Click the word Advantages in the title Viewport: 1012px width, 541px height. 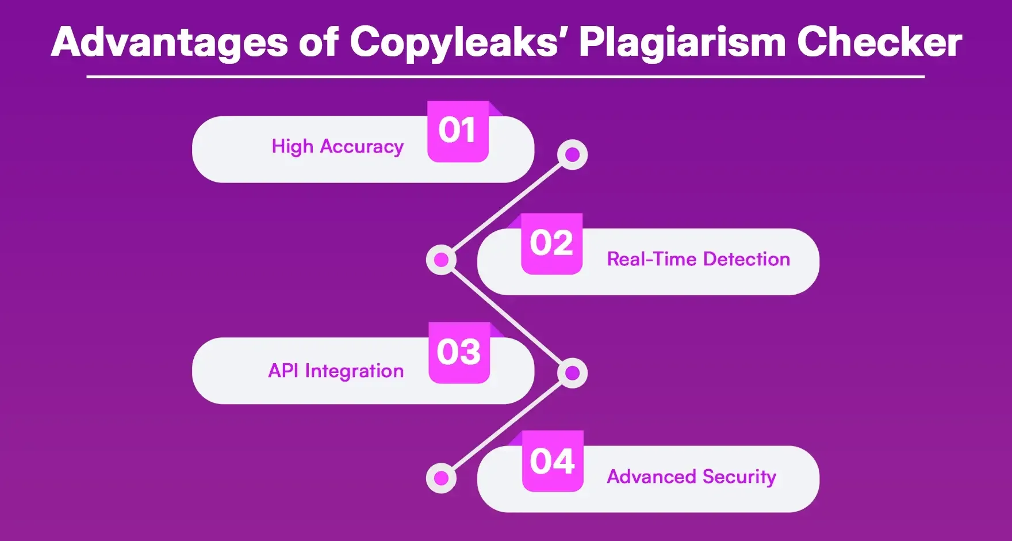coord(169,43)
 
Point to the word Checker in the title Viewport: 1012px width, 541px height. coord(879,43)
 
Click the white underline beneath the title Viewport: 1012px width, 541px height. coord(505,77)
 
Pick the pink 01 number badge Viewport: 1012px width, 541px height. coord(458,131)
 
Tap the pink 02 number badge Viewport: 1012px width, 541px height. coord(551,243)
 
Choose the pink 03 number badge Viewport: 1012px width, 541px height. coord(459,353)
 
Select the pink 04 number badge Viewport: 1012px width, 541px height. coord(553,462)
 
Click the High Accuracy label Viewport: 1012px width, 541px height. coord(338,147)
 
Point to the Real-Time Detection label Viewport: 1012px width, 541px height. coord(698,260)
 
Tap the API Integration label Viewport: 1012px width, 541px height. coord(336,371)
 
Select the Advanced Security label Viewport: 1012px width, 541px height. coord(691,477)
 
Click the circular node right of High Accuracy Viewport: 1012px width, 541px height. coord(572,155)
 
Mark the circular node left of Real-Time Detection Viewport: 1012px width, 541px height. coord(441,260)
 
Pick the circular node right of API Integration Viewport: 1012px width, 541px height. coord(572,373)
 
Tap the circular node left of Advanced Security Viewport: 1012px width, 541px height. coord(441,478)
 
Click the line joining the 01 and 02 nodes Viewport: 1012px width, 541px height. coord(507,208)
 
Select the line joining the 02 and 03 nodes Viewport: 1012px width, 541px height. coord(507,317)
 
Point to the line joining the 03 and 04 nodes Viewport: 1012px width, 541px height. coord(507,425)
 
